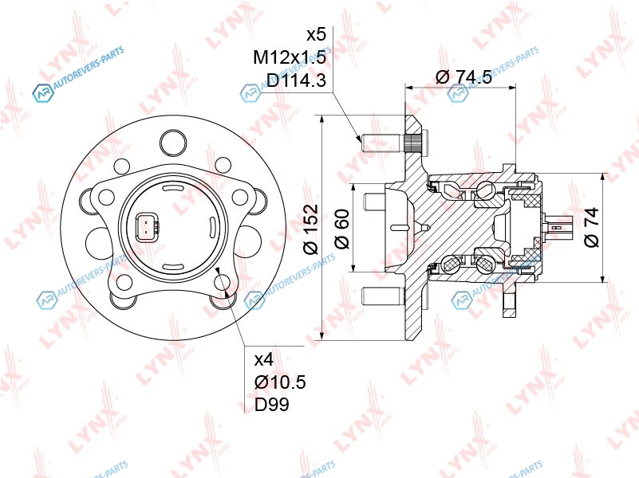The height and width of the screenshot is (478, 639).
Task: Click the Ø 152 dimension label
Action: click(x=311, y=229)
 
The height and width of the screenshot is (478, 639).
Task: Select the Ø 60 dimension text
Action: click(x=341, y=228)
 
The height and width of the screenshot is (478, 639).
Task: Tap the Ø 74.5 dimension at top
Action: click(x=463, y=76)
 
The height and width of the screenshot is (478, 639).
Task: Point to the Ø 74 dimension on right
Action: click(x=592, y=227)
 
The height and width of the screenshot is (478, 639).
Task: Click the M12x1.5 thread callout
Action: click(x=290, y=57)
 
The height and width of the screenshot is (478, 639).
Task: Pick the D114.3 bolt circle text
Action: click(x=296, y=80)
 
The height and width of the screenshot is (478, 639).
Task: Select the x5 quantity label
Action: click(x=316, y=34)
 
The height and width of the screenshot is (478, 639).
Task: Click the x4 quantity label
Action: click(x=264, y=359)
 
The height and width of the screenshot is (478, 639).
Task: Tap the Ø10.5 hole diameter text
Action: click(x=280, y=382)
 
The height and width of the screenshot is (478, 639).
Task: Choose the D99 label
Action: click(x=272, y=405)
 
